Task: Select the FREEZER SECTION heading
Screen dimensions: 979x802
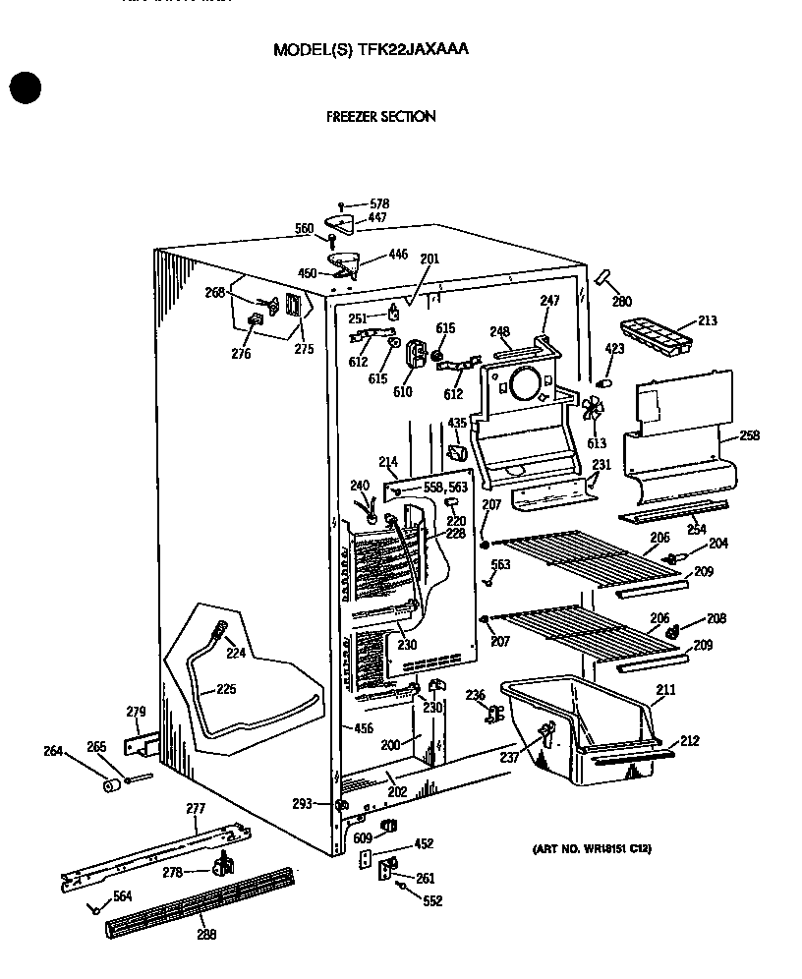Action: (380, 116)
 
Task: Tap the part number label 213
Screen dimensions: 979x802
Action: (707, 320)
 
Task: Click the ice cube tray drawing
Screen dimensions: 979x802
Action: (656, 336)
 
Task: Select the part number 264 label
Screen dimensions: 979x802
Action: (52, 752)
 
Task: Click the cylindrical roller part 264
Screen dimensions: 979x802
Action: (114, 785)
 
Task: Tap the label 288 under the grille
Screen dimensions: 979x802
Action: (206, 935)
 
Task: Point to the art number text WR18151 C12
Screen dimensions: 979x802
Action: (591, 848)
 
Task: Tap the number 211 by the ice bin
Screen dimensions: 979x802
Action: (665, 690)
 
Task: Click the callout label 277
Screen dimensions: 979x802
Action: (196, 809)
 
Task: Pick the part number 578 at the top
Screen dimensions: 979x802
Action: (378, 203)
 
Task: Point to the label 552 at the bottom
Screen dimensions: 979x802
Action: (432, 901)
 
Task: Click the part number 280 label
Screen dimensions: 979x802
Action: (621, 302)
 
